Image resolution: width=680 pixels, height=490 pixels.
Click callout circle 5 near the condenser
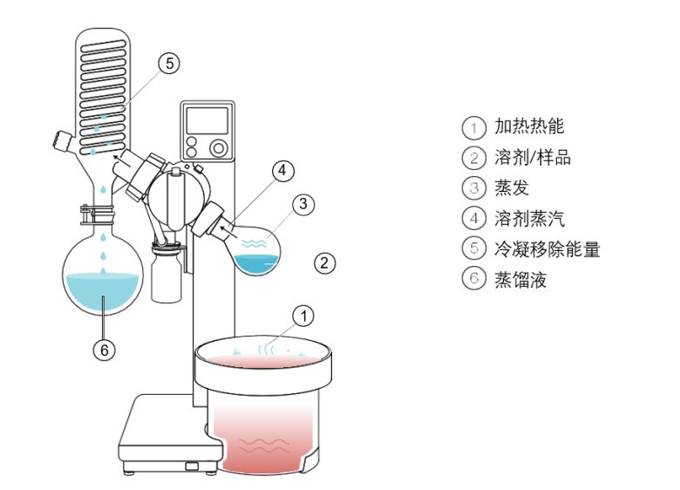coord(169,63)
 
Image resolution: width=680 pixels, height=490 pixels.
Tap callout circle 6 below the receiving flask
coord(103,350)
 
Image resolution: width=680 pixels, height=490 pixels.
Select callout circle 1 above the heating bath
coord(302,316)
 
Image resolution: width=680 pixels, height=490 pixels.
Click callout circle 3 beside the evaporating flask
coord(302,205)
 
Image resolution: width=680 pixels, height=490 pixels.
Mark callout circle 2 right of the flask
coord(323,262)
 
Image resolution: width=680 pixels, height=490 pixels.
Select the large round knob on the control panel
coord(218,146)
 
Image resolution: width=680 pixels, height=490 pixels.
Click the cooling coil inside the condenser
coord(103,87)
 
